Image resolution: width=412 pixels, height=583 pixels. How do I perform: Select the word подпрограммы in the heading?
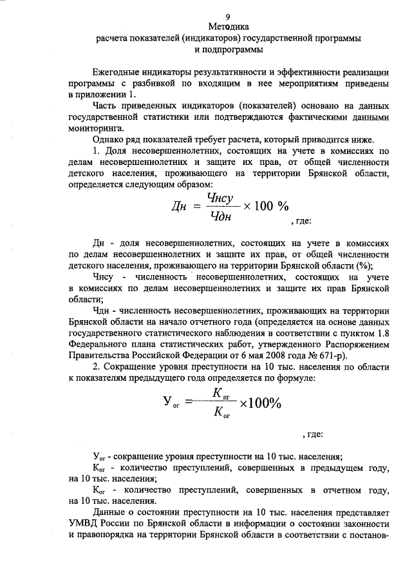point(238,50)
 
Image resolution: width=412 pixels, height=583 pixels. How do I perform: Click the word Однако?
point(109,139)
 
